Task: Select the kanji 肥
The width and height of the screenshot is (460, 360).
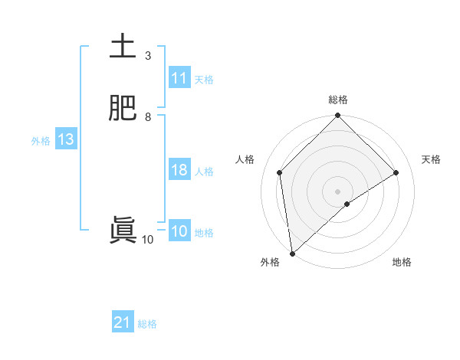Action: (x=123, y=109)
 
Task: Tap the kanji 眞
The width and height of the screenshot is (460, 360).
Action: (x=123, y=231)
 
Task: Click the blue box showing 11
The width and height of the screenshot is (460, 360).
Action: (x=179, y=78)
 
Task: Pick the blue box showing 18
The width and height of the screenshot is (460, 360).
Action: (x=179, y=170)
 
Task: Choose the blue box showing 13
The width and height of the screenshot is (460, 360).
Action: (x=65, y=139)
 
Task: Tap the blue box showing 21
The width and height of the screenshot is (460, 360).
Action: (x=123, y=323)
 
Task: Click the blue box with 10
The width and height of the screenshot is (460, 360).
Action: (x=179, y=231)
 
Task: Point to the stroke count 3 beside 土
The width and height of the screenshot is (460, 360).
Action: (x=148, y=56)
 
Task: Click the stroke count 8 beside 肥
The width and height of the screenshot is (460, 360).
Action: (x=148, y=117)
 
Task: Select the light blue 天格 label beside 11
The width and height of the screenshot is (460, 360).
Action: (x=204, y=80)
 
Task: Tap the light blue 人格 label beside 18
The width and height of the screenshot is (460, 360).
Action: (x=204, y=172)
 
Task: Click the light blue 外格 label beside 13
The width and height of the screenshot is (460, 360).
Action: (x=41, y=141)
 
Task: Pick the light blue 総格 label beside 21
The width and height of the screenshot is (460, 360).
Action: (x=147, y=325)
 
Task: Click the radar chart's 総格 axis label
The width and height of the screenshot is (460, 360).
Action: (x=337, y=100)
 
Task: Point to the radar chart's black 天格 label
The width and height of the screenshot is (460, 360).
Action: (x=432, y=159)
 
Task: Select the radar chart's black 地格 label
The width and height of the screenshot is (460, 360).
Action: (x=402, y=262)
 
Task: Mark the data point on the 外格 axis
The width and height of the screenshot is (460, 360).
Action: (x=292, y=253)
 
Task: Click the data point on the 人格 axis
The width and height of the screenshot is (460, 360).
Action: (x=280, y=172)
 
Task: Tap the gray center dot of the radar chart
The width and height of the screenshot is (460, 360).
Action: (x=337, y=191)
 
